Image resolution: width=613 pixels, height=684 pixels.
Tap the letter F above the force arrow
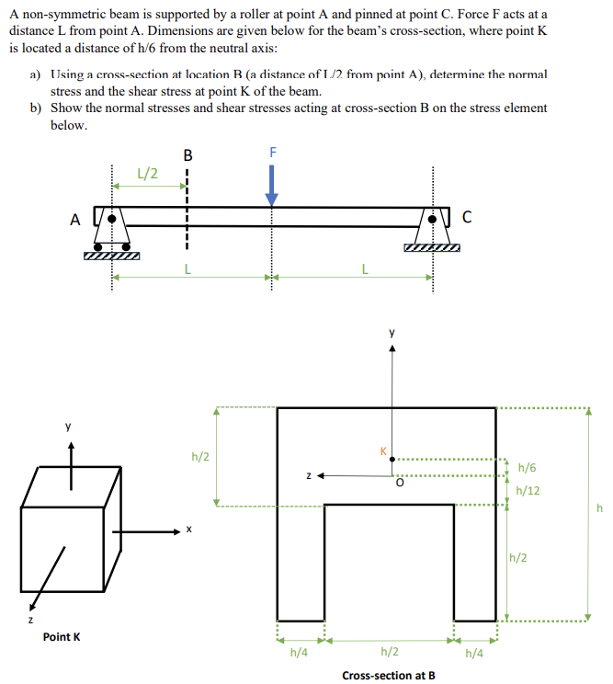[272, 152]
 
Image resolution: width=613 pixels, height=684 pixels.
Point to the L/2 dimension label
[146, 172]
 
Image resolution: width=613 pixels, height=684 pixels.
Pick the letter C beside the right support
[467, 218]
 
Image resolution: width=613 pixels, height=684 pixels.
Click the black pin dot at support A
[111, 221]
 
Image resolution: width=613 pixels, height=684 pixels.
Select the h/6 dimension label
[528, 468]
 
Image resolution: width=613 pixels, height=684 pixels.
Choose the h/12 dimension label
[528, 490]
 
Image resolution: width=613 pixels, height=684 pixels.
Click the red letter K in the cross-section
[384, 450]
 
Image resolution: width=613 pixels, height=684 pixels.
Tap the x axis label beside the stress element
[187, 530]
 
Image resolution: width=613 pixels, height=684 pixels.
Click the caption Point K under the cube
[62, 636]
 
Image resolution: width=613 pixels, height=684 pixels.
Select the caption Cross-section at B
[388, 676]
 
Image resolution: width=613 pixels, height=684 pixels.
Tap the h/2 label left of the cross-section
[199, 455]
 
